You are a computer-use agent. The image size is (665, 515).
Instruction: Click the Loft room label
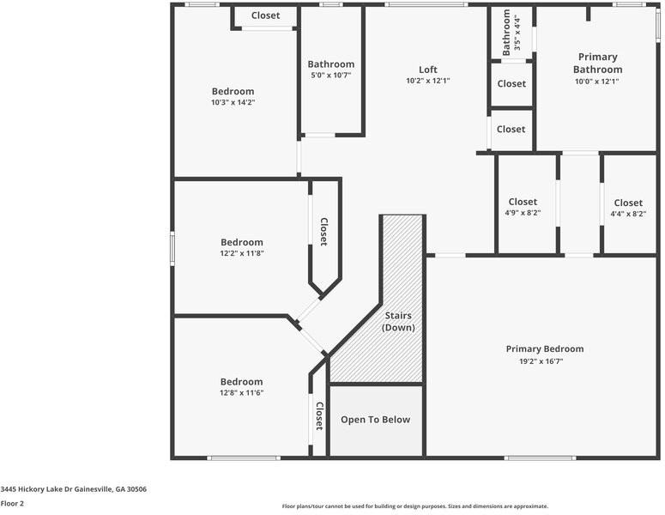(x=427, y=70)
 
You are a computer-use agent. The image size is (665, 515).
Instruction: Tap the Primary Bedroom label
(x=544, y=348)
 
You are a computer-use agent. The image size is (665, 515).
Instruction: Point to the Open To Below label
(x=375, y=420)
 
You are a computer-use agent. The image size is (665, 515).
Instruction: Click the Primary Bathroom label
(x=597, y=64)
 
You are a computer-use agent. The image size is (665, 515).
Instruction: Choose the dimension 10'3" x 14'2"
(x=233, y=102)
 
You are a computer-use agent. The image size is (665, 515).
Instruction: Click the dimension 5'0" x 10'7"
(x=330, y=76)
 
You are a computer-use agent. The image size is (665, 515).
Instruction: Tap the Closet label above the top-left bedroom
(x=265, y=15)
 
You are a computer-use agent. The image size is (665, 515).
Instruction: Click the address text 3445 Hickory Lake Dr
(x=73, y=489)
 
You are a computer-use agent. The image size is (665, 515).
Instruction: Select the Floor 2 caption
(x=12, y=503)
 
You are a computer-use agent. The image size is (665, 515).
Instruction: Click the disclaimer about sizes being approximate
(x=414, y=506)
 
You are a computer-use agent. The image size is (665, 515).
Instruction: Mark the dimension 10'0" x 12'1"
(x=597, y=82)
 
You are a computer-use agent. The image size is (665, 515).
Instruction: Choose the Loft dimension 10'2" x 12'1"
(x=427, y=81)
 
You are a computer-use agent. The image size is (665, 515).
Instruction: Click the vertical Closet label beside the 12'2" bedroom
(x=323, y=231)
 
